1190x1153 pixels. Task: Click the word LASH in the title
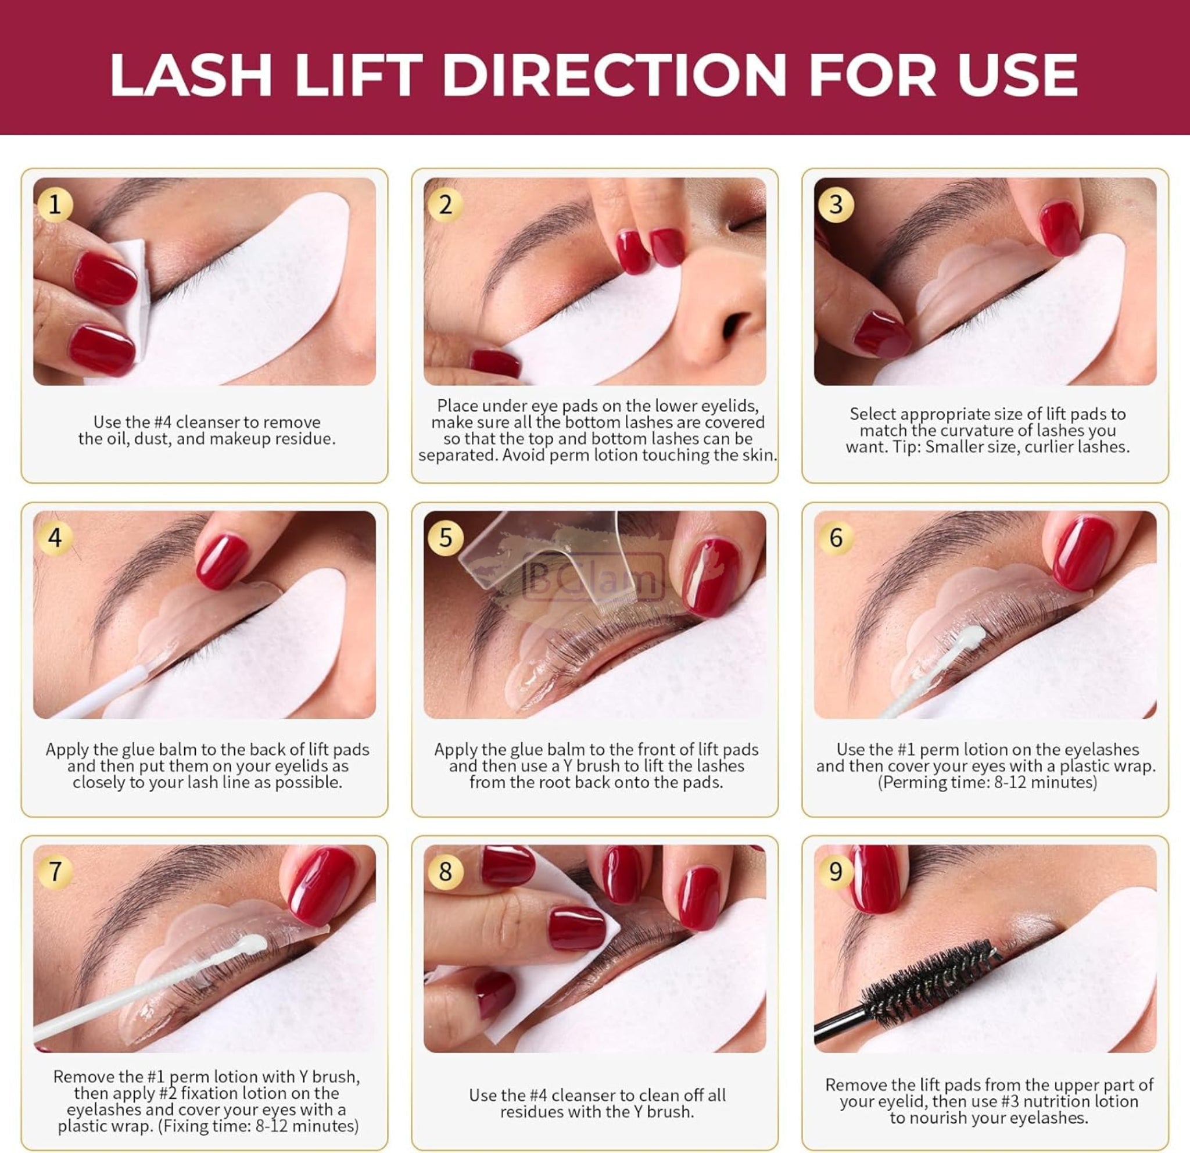coord(191,75)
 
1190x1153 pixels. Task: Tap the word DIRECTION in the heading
coord(614,75)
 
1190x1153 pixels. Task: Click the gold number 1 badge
coord(55,205)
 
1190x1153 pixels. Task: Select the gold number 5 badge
coord(446,538)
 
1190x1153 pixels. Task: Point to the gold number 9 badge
coord(836,872)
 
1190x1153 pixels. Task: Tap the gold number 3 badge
coord(836,205)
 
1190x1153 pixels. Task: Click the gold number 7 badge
coord(55,872)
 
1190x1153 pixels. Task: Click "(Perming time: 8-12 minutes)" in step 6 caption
coord(987,782)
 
